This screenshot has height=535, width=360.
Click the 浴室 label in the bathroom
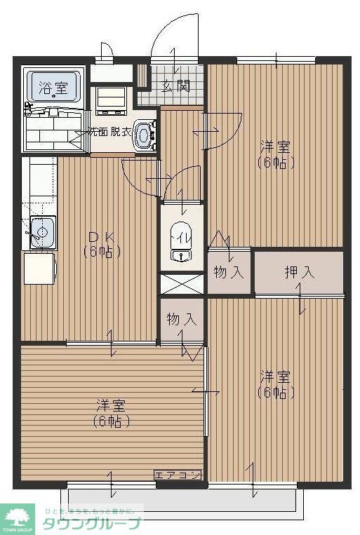pyautogui.click(x=53, y=88)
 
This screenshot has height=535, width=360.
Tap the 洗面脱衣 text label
pyautogui.click(x=109, y=131)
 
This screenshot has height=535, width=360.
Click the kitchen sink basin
pyautogui.click(x=41, y=231)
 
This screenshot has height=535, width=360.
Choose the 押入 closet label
pyautogui.click(x=299, y=272)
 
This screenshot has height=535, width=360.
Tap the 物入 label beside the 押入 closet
pyautogui.click(x=229, y=272)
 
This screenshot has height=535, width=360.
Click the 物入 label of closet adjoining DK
pyautogui.click(x=182, y=320)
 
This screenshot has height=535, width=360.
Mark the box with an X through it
pyautogui.click(x=182, y=283)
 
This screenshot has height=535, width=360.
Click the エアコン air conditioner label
pyautogui.click(x=178, y=475)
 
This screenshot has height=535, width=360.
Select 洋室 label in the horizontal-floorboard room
pyautogui.click(x=111, y=406)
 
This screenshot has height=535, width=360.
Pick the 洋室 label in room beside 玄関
pyautogui.click(x=275, y=147)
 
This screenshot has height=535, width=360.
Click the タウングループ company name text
pyautogui.click(x=91, y=523)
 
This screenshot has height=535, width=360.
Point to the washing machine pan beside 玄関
pyautogui.click(x=110, y=100)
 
